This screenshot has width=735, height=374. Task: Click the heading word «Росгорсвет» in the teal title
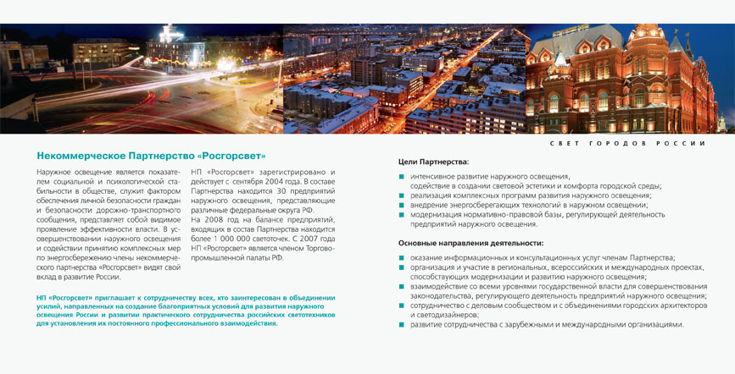coord(231,156)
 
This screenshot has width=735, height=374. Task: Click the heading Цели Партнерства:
coord(433,162)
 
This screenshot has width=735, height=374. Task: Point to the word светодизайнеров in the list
coord(440,315)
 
